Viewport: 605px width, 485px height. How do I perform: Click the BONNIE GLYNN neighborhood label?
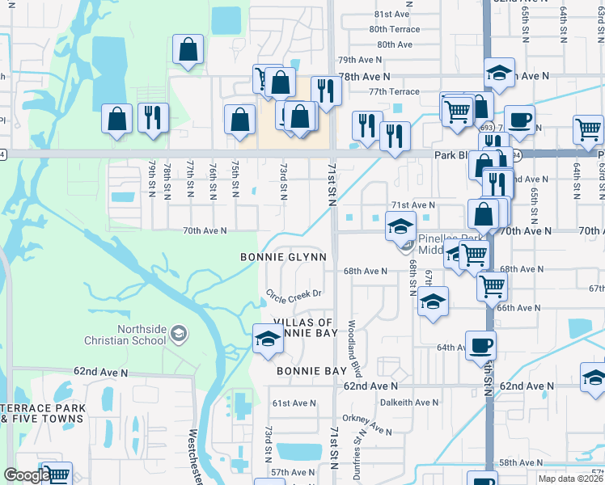click(x=283, y=257)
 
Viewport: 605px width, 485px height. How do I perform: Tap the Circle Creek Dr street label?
click(x=294, y=293)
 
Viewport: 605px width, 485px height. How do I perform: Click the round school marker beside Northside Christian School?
click(x=179, y=333)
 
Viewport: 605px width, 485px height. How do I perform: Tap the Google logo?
click(x=27, y=475)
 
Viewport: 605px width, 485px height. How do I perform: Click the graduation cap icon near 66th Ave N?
click(x=433, y=302)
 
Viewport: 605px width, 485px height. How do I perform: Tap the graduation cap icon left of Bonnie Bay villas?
click(x=267, y=338)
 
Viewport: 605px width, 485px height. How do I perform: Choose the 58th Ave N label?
click(x=520, y=462)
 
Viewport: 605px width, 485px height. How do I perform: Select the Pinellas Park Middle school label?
click(x=441, y=245)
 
